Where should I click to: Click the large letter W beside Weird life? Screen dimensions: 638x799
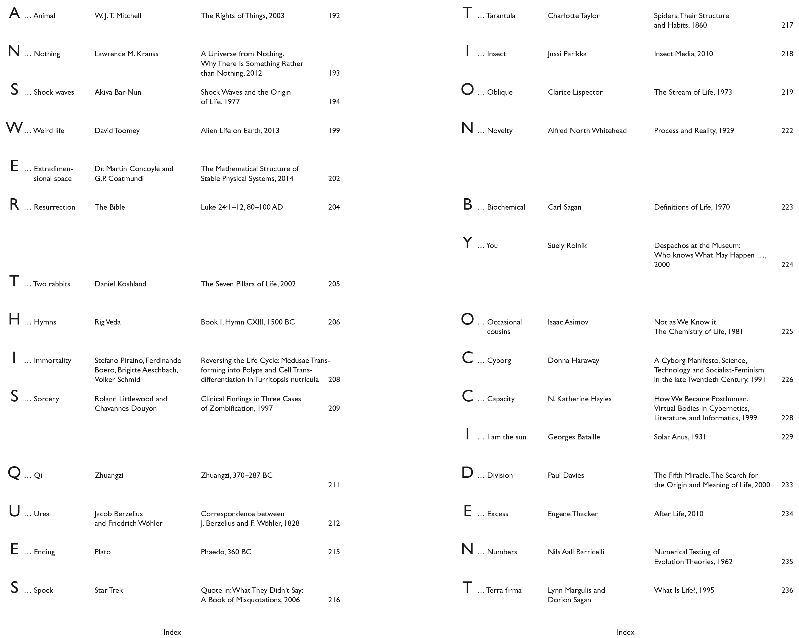coord(14,128)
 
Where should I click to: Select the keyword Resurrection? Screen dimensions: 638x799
coord(54,207)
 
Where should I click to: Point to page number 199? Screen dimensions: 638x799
coord(334,130)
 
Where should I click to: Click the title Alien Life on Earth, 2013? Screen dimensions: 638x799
coord(240,130)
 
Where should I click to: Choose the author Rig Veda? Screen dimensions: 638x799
coord(107,322)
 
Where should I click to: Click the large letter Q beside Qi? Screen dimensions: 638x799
coord(14,473)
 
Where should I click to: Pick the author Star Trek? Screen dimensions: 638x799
coord(108,590)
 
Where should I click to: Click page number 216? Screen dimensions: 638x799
coord(334,600)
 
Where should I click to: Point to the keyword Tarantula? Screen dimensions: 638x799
coord(500,15)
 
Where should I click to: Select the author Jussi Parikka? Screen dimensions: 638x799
coord(567,54)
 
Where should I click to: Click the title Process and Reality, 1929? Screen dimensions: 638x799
coord(694,130)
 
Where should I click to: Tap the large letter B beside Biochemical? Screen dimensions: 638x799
coord(467,205)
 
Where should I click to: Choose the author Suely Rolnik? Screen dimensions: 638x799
coord(567,245)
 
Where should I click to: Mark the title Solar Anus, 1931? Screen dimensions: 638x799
coord(680,437)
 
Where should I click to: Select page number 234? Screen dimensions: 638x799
coord(787,514)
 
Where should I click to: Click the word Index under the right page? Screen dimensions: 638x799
coord(625,632)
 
